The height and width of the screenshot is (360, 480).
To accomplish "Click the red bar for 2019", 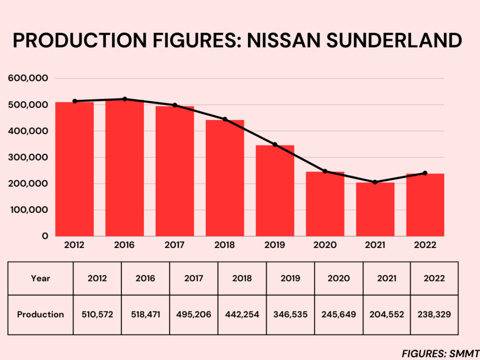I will point(275,190).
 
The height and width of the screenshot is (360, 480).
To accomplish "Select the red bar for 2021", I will point(375,209).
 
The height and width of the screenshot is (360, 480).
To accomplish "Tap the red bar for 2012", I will point(75,169).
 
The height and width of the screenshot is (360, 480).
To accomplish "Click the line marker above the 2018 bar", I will point(225,119).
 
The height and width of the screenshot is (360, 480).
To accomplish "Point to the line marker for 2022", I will point(425,173).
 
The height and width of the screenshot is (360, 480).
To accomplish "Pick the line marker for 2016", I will point(124,99).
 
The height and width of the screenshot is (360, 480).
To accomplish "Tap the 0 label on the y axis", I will point(45,236).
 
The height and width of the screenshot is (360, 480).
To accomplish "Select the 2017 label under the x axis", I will point(174,245).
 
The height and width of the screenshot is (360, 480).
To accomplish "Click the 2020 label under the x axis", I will point(325,245).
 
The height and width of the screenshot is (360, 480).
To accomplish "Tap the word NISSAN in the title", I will point(277,41).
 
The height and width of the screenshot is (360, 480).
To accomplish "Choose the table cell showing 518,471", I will point(145,315).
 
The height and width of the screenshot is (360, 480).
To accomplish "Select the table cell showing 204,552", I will point(387,315).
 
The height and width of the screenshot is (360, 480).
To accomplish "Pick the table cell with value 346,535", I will point(290,315).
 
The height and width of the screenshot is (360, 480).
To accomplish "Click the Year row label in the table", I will point(41,278).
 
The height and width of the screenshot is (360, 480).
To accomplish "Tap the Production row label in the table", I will point(41,315).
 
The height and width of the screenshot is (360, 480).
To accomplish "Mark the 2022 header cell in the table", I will point(434,278).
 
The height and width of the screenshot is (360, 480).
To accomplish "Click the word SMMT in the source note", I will point(465,353).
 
